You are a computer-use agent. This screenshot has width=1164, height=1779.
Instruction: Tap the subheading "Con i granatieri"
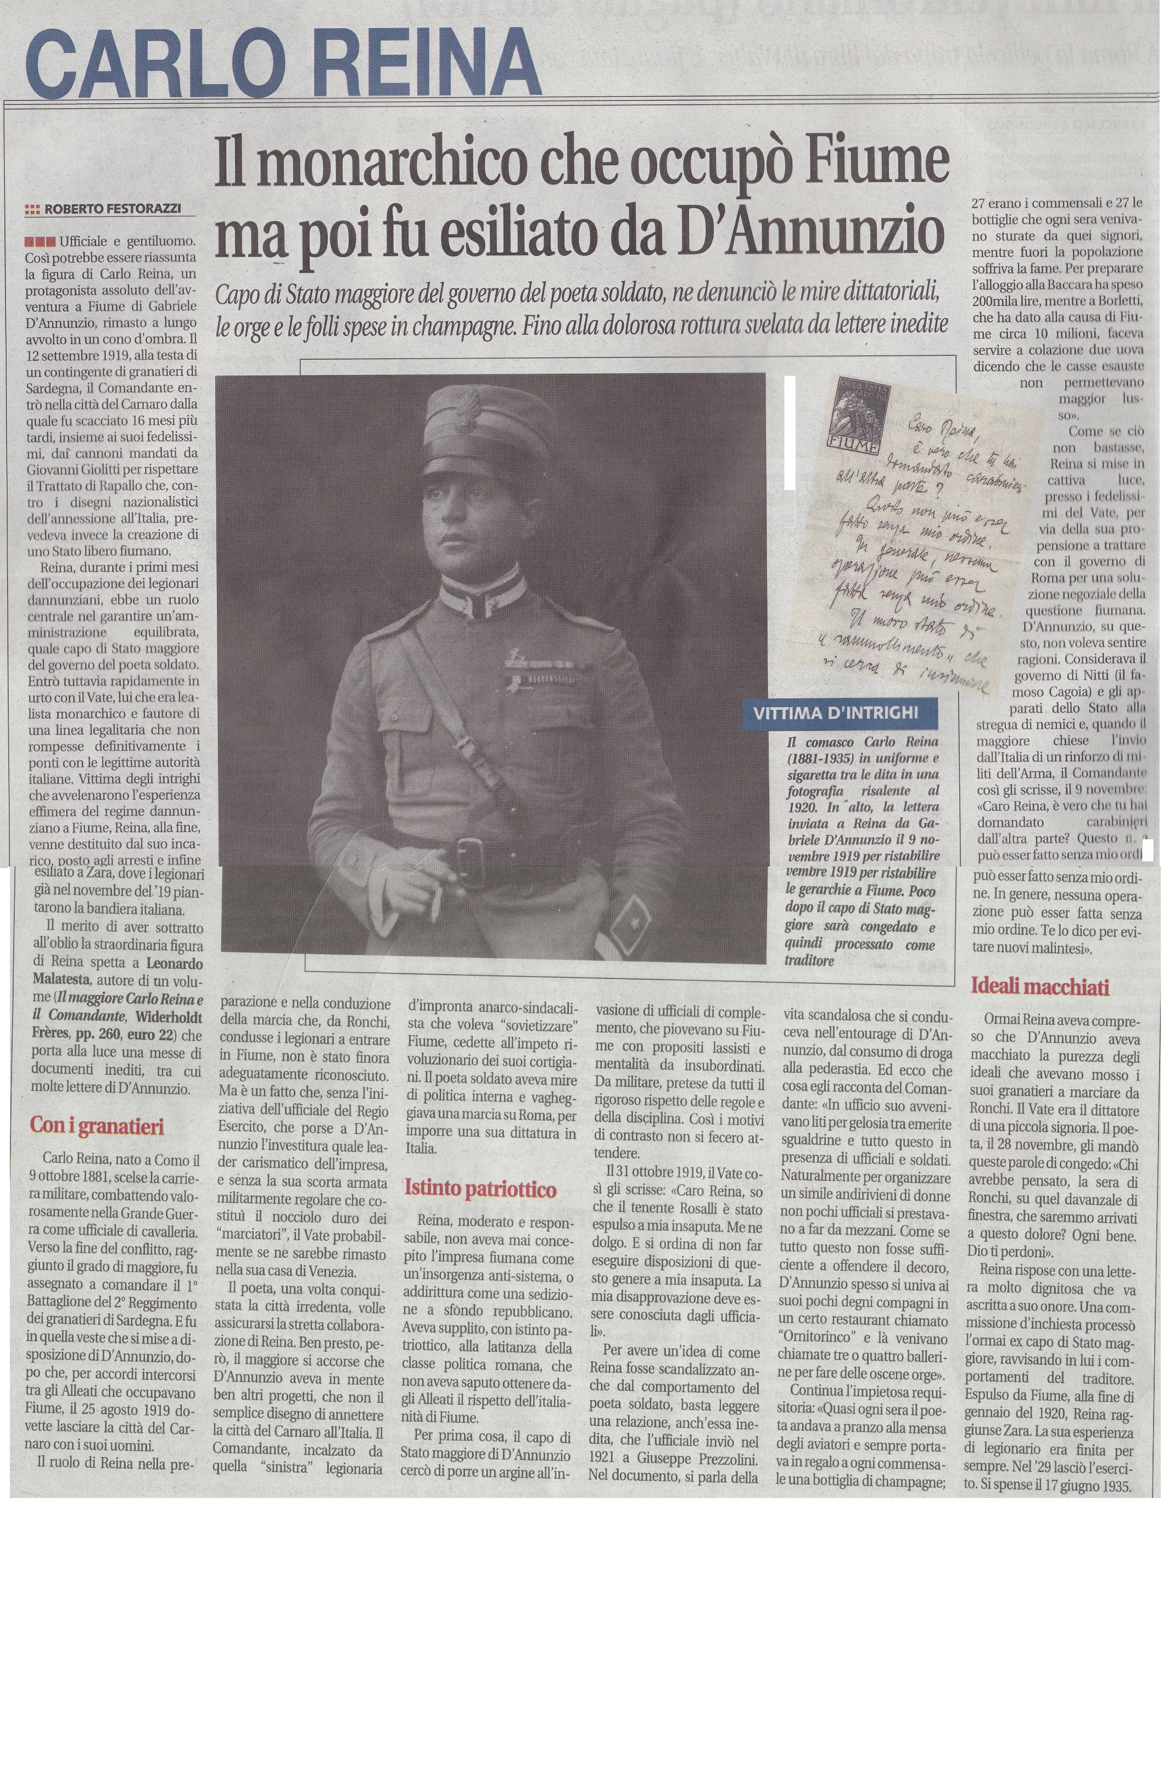pos(97,1126)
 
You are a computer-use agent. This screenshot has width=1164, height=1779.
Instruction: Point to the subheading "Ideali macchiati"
pos(1039,986)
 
